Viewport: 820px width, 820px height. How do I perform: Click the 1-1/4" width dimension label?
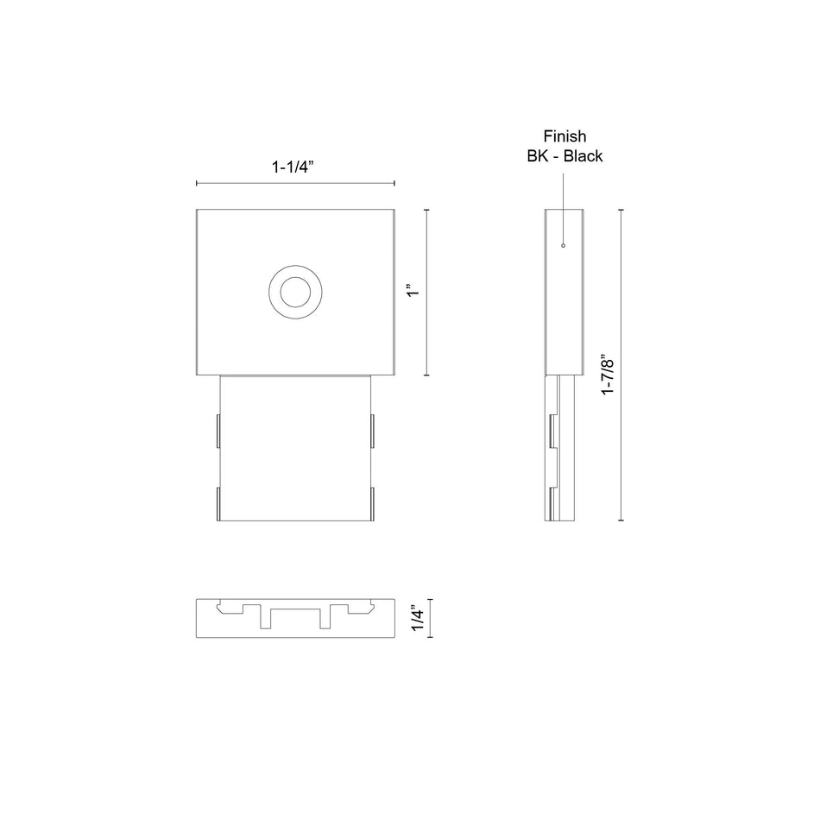point(293,167)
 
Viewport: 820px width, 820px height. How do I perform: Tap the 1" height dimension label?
point(413,291)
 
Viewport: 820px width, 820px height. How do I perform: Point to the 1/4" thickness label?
point(417,619)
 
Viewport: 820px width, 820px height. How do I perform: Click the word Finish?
point(565,136)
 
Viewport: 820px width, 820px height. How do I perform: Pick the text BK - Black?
point(565,156)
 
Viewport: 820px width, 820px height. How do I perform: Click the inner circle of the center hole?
point(295,292)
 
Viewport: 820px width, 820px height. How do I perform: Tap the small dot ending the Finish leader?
point(564,245)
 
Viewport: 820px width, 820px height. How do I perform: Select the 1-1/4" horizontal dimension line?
point(295,183)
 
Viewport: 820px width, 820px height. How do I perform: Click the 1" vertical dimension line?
point(426,293)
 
